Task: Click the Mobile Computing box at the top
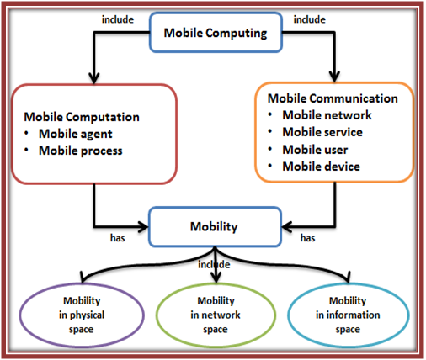[x=216, y=34]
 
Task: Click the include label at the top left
[x=117, y=17]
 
